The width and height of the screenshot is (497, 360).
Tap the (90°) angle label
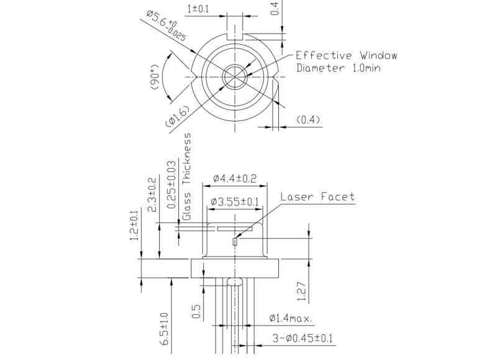pyautogui.click(x=156, y=78)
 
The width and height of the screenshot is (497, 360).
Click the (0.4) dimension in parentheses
pyautogui.click(x=308, y=119)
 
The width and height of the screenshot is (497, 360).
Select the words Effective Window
pyautogui.click(x=346, y=55)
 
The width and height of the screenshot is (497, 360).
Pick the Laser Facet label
pyautogui.click(x=317, y=197)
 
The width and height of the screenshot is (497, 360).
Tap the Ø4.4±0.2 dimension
pyautogui.click(x=234, y=178)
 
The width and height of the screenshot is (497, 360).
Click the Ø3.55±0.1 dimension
pyautogui.click(x=234, y=202)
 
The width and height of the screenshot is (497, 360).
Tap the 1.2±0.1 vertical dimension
pyautogui.click(x=134, y=227)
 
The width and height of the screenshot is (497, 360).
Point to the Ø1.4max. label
pyautogui.click(x=291, y=318)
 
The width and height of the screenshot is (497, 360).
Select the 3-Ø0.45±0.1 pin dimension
pyautogui.click(x=304, y=338)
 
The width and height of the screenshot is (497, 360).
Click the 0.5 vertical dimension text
pyautogui.click(x=197, y=312)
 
